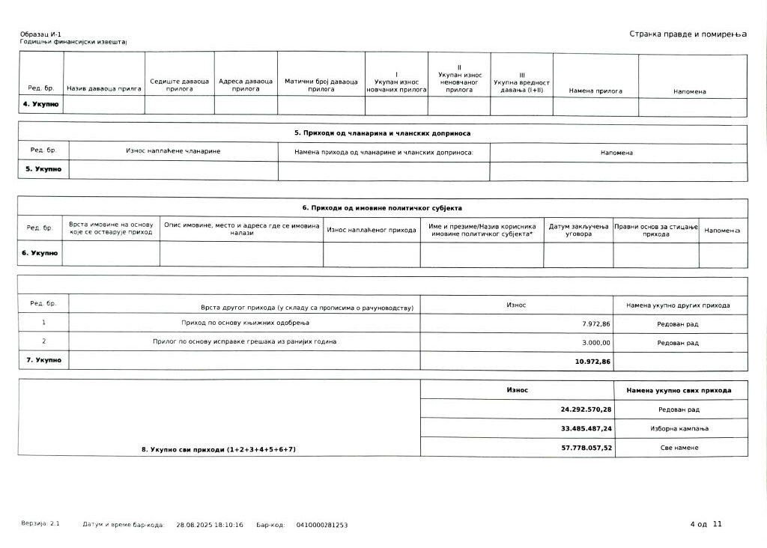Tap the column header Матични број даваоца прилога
[x=321, y=85]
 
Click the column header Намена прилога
[x=595, y=91]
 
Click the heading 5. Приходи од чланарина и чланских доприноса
[x=382, y=133]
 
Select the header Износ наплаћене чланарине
[x=173, y=151]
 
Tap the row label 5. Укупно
[x=43, y=169]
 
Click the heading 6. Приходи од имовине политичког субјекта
[x=382, y=207]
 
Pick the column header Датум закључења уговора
[x=578, y=230]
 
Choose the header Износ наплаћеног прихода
[x=372, y=230]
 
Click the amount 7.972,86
[x=595, y=323]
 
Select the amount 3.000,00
[x=597, y=343]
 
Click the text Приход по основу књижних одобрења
[x=245, y=323]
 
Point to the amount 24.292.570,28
[x=586, y=410]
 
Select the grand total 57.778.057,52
[x=586, y=448]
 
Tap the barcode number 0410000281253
[x=322, y=526]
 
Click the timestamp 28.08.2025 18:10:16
[x=210, y=526]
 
